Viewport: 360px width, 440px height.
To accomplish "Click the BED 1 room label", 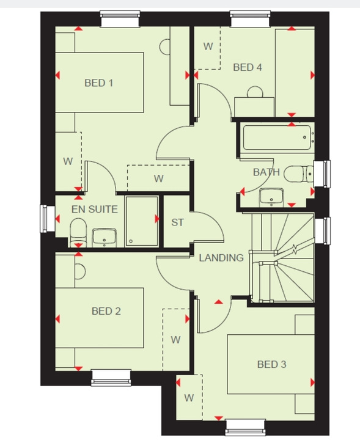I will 98,82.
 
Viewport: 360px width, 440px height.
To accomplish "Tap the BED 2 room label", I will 106,311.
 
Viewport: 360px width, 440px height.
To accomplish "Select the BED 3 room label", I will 271,364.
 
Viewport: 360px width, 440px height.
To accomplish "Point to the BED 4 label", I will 248,67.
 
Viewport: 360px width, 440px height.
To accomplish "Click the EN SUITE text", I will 94,209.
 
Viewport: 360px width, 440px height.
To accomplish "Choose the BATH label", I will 266,172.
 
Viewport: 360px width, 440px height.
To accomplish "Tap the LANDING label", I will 221,257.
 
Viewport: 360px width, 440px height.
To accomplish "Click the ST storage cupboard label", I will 177,222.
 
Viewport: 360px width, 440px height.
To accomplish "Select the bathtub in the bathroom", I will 279,138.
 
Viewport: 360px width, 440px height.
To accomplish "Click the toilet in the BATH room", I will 300,175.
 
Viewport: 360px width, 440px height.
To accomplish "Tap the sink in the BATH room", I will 271,196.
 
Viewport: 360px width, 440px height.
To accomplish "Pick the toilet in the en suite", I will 78,233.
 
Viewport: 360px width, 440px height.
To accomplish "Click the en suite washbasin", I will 105,235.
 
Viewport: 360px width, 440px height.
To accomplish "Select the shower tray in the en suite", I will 142,221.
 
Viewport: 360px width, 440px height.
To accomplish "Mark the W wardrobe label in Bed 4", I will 208,46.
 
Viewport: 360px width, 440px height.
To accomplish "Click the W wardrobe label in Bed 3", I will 189,398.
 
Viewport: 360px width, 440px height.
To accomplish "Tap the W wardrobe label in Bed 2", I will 175,339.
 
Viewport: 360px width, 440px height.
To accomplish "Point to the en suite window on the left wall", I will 44,218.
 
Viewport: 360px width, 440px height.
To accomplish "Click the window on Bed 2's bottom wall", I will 112,377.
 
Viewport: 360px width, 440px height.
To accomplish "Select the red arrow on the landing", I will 218,302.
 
